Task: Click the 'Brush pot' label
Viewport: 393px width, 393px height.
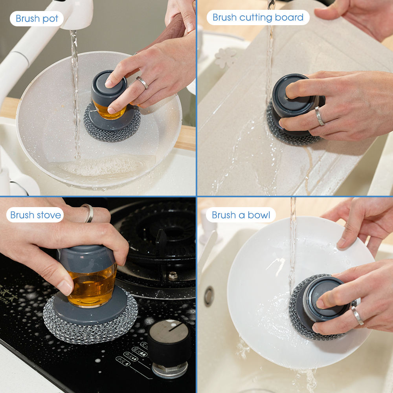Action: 37,18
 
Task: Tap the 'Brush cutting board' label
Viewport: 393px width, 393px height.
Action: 258,17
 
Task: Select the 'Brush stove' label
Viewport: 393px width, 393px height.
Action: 35,215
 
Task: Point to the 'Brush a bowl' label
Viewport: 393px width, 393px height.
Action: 241,215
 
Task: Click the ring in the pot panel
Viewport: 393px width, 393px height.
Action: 142,82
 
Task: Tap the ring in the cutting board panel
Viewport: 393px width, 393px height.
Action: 320,116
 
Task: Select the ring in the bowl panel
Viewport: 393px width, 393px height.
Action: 357,315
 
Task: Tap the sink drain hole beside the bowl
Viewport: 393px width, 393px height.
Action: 209,296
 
